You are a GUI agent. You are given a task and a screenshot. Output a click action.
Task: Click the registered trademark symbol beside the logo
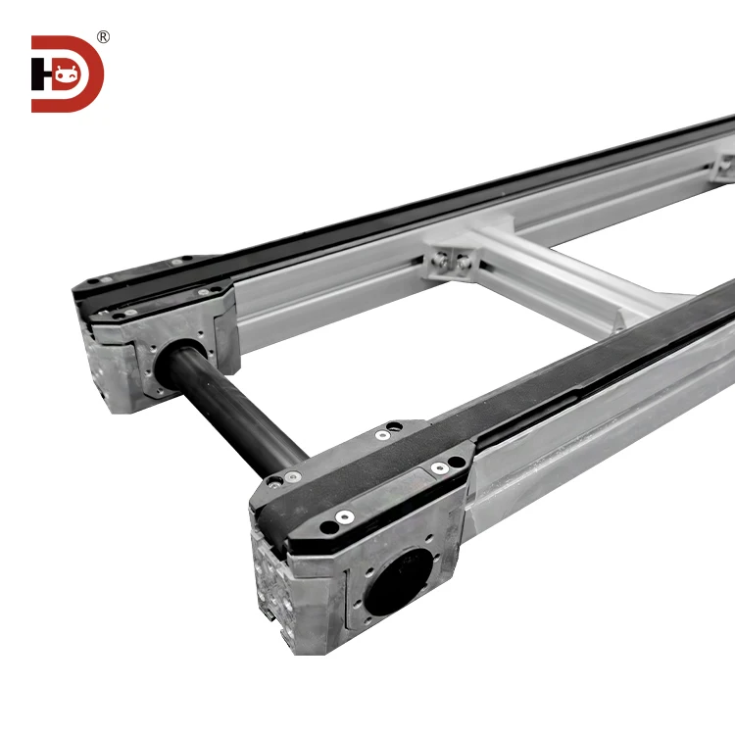click(x=104, y=37)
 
